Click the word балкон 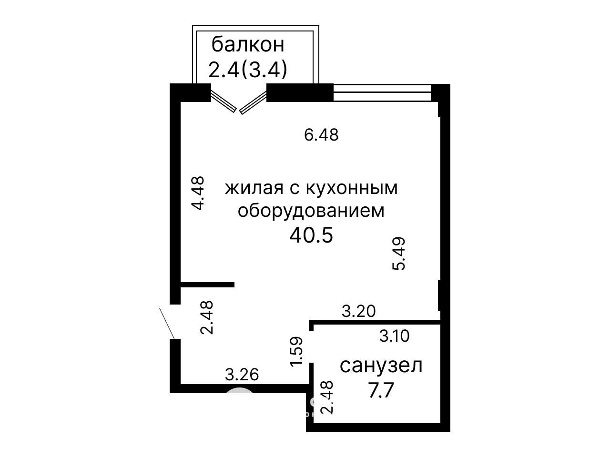[x=248, y=44]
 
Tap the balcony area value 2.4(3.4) [x=248, y=70]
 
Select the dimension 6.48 [x=321, y=135]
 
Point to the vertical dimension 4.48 [x=198, y=193]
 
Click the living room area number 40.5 [x=311, y=235]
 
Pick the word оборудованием [x=311, y=211]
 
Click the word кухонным [x=352, y=188]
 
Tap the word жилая [x=254, y=188]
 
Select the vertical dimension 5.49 [x=399, y=254]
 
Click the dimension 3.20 [x=358, y=311]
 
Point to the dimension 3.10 [x=394, y=336]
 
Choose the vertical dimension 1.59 [x=296, y=352]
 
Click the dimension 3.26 [x=242, y=374]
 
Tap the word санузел [x=381, y=366]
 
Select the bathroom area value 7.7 [x=381, y=390]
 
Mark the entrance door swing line [x=167, y=324]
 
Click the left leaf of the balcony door [x=224, y=102]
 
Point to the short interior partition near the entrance [x=207, y=285]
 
